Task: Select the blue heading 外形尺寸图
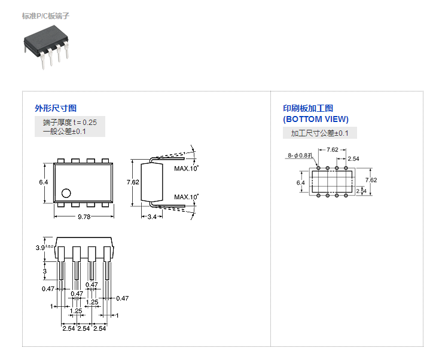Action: (56, 108)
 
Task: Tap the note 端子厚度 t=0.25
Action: (69, 122)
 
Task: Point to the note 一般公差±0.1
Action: (65, 132)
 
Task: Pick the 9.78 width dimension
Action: (84, 217)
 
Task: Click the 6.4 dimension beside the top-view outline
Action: (43, 182)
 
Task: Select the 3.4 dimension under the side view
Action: (152, 217)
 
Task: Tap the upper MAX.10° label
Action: (186, 169)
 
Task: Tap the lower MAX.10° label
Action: (186, 197)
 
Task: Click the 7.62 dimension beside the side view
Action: (133, 182)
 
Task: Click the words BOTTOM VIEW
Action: (316, 119)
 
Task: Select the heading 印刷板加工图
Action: (308, 108)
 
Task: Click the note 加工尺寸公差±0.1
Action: (319, 133)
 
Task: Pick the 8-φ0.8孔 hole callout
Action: (300, 155)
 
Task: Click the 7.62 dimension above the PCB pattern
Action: (333, 150)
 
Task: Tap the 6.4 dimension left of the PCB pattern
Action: (301, 182)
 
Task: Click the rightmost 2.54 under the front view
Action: (99, 328)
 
